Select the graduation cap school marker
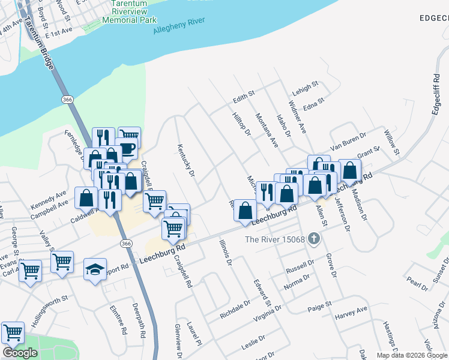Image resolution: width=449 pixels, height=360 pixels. coord(95,269)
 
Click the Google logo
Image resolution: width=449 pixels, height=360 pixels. coord(20,353)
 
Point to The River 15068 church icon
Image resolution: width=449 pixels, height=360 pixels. coord(313,239)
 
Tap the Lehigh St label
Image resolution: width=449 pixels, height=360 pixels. coord(306,88)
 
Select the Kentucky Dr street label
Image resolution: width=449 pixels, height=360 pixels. coord(186,160)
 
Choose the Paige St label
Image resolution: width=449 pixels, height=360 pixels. coord(319,307)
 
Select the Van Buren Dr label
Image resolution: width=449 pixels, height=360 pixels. coord(348,146)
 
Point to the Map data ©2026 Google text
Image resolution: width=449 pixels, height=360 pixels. coord(411,355)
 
